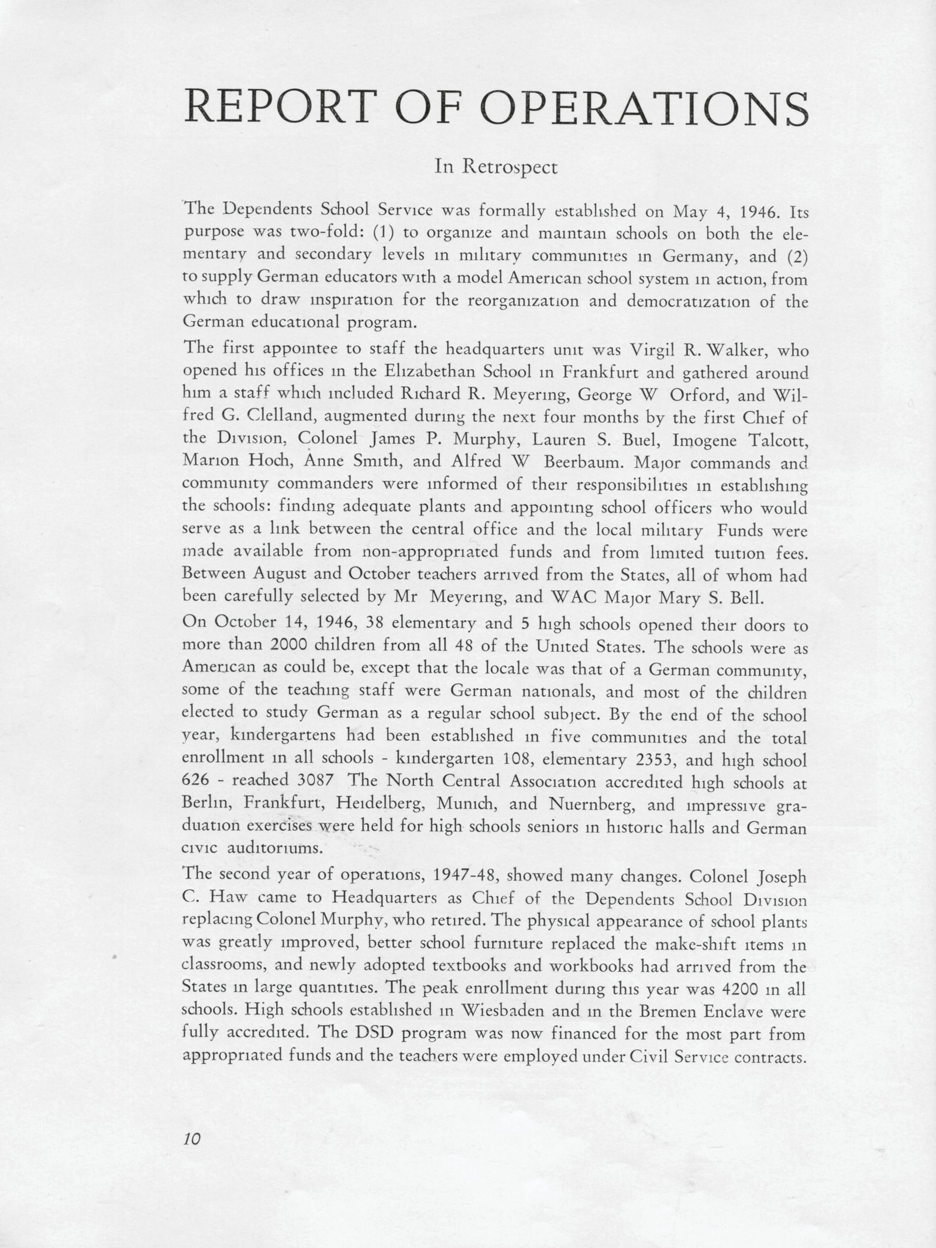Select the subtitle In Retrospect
tap(496, 167)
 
